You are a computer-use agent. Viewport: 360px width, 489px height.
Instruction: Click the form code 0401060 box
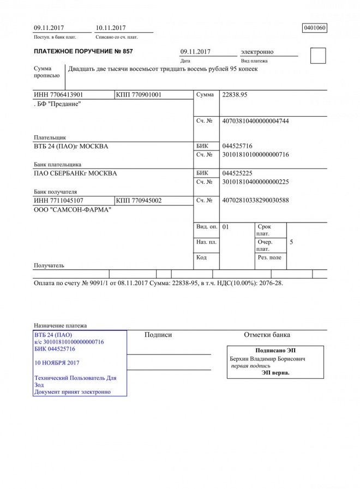point(315,28)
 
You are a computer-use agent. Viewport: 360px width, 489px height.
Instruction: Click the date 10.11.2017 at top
point(111,28)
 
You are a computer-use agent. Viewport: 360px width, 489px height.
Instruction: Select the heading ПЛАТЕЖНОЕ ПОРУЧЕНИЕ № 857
point(83,52)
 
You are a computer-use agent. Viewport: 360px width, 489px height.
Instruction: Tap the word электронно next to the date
point(257,52)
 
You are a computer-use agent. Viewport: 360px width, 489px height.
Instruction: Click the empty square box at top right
point(317,56)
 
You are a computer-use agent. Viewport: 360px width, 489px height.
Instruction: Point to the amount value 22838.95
point(235,95)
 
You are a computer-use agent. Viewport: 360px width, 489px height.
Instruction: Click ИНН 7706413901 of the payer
point(58,95)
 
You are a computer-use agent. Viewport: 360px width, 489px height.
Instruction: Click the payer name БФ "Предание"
point(58,104)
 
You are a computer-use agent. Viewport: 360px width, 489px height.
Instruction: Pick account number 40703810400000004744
point(255,121)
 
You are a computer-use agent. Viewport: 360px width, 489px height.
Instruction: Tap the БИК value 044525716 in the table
point(237,146)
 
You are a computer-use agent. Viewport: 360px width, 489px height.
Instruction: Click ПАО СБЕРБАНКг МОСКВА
point(75,173)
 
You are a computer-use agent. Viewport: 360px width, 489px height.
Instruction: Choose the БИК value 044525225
point(237,173)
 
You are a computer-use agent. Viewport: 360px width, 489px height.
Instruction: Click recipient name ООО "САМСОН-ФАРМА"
point(73,210)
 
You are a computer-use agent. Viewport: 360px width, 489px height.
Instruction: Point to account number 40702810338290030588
point(255,201)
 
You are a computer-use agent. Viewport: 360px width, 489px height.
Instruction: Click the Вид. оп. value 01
point(226,226)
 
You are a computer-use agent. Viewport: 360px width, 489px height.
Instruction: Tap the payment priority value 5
point(291,242)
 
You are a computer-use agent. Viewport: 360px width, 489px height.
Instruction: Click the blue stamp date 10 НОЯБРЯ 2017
point(57,363)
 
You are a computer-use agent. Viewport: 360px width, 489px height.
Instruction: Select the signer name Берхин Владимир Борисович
point(267,359)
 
